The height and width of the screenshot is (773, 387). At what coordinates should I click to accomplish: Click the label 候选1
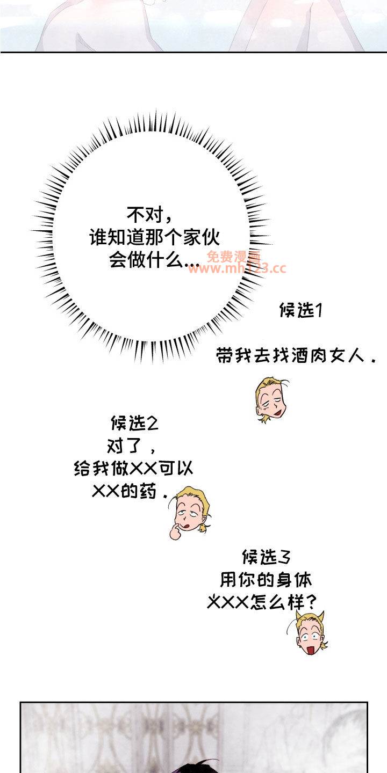click(300, 310)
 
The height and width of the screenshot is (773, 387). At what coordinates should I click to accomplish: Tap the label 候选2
click(134, 423)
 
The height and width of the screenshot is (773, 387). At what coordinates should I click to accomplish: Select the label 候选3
click(266, 557)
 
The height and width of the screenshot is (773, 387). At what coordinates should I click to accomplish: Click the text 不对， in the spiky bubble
click(149, 215)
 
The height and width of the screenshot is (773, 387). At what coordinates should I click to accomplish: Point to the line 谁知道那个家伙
click(154, 238)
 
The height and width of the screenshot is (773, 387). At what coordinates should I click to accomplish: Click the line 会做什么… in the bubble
click(154, 259)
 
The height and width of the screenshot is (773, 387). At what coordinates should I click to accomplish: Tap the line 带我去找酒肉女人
click(296, 355)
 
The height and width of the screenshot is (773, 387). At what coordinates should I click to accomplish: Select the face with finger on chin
click(189, 512)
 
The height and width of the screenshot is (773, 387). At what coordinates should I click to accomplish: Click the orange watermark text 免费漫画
click(234, 256)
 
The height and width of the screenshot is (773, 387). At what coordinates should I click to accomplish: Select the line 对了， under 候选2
click(131, 446)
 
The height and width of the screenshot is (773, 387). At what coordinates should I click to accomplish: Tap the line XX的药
click(130, 491)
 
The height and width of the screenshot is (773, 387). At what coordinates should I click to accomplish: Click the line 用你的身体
click(266, 580)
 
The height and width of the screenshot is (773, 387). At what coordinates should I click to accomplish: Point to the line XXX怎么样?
click(261, 602)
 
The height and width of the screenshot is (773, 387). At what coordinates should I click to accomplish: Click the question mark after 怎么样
click(311, 602)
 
